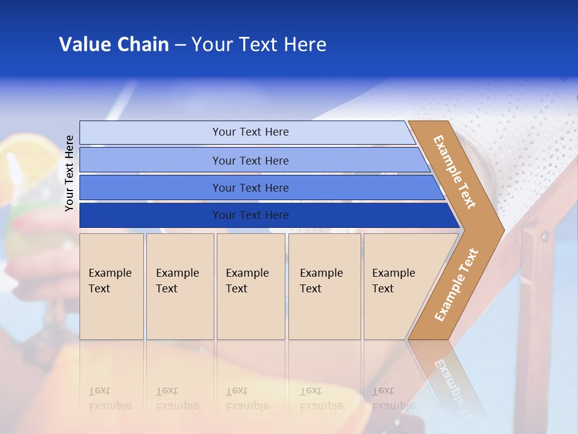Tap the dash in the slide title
point(180,45)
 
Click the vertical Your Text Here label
point(69,173)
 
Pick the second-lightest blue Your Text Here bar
point(250,160)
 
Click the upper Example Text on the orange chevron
point(455,172)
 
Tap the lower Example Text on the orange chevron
point(456,285)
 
